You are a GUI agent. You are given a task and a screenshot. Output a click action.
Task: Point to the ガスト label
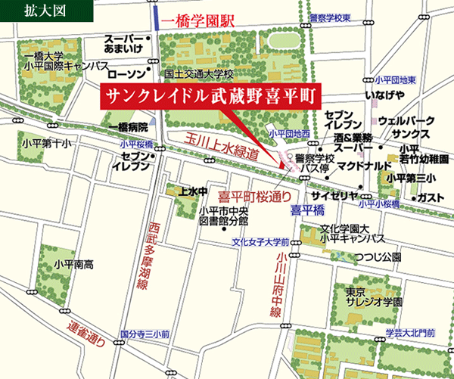pos(430,197)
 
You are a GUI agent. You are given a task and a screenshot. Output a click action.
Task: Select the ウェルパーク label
pos(406,120)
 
